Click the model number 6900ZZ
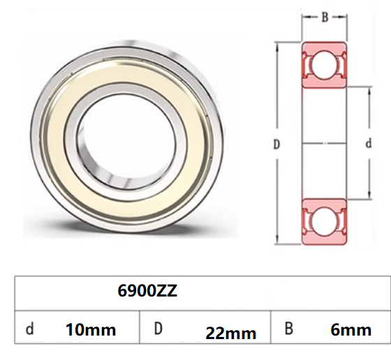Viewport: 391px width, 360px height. click(147, 290)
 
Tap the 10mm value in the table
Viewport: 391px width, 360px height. click(91, 330)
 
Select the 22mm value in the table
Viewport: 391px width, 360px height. click(231, 333)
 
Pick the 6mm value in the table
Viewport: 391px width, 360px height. click(351, 330)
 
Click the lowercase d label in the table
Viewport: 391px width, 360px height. click(29, 329)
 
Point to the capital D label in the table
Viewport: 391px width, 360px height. click(158, 329)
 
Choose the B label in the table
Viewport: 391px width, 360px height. click(288, 329)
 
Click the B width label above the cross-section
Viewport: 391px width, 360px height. click(325, 17)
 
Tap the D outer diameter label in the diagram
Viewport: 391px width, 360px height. click(276, 144)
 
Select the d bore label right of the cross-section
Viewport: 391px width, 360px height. click(369, 144)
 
